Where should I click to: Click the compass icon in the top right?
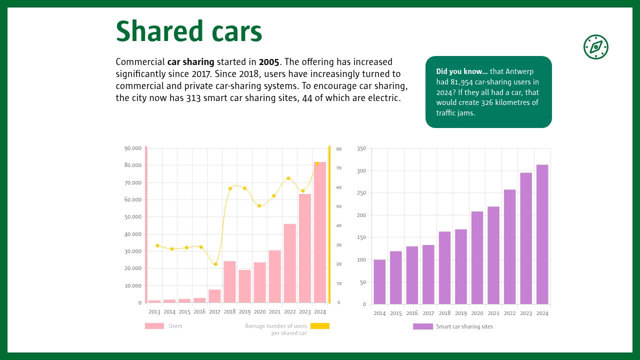595,47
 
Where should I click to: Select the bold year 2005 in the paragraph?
269,62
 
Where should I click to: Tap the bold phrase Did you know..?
461,71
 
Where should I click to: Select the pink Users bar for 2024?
319,232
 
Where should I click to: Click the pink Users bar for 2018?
229,281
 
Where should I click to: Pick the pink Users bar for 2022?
289,263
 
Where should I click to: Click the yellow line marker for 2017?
215,264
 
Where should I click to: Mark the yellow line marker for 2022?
288,178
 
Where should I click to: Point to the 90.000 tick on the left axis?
133,148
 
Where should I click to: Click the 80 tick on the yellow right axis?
338,149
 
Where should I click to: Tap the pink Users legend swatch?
154,326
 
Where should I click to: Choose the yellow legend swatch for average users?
319,326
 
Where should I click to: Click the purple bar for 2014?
379,281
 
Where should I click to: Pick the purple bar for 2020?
477,257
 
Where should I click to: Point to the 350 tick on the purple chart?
361,148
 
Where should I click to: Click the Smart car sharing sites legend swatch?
422,326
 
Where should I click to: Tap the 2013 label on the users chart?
154,312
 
